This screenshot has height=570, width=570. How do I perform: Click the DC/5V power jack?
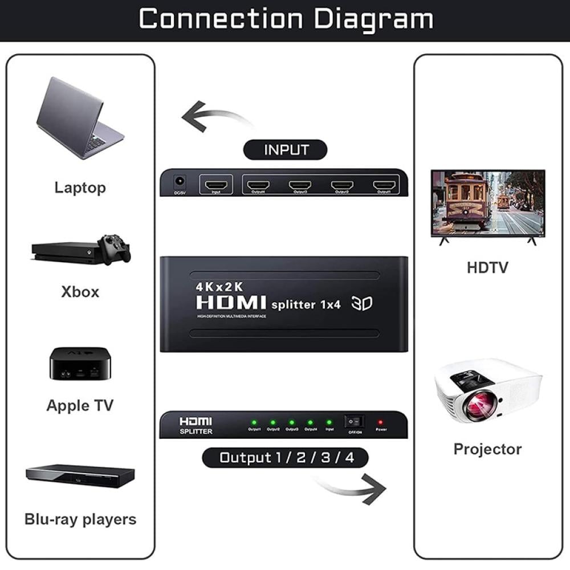pyautogui.click(x=180, y=182)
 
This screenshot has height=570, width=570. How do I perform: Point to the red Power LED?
pyautogui.click(x=380, y=422)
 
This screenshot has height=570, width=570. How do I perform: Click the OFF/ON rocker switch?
pyautogui.click(x=354, y=422)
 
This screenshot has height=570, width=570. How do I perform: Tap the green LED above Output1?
pyautogui.click(x=254, y=422)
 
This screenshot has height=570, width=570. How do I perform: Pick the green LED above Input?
pyautogui.click(x=329, y=422)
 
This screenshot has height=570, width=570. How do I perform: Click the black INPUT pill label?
pyautogui.click(x=286, y=150)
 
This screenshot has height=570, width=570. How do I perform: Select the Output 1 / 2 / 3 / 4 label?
pyautogui.click(x=286, y=457)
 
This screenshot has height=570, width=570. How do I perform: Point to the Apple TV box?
pyautogui.click(x=80, y=364)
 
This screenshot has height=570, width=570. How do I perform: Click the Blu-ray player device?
pyautogui.click(x=80, y=476)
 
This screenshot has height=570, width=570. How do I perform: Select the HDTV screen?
pyautogui.click(x=488, y=202)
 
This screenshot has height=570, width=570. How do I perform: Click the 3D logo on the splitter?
pyautogui.click(x=362, y=303)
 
